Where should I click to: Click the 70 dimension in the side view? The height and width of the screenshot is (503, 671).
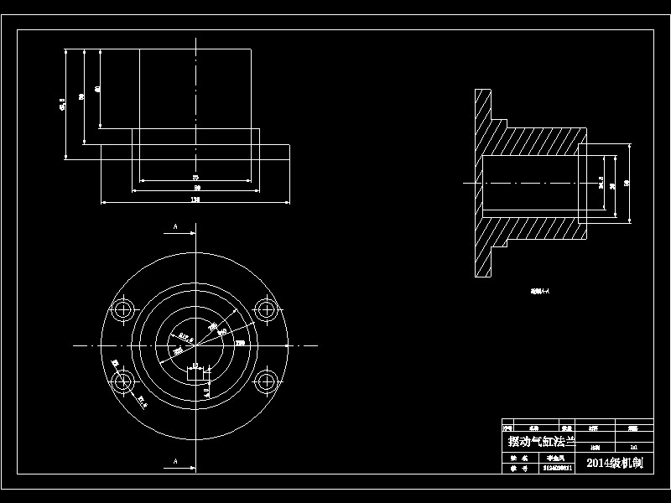(x=195, y=179)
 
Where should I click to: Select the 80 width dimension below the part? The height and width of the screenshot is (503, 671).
(x=196, y=189)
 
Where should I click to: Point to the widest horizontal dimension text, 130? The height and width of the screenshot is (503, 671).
(x=195, y=200)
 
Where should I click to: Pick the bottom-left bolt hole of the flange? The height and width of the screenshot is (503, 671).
(x=124, y=382)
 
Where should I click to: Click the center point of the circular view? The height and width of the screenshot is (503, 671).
(x=195, y=345)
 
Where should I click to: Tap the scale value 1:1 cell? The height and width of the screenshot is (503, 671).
(x=633, y=449)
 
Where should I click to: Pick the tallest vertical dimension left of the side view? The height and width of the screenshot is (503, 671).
(x=64, y=104)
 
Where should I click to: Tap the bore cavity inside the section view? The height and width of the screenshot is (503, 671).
(x=528, y=182)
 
